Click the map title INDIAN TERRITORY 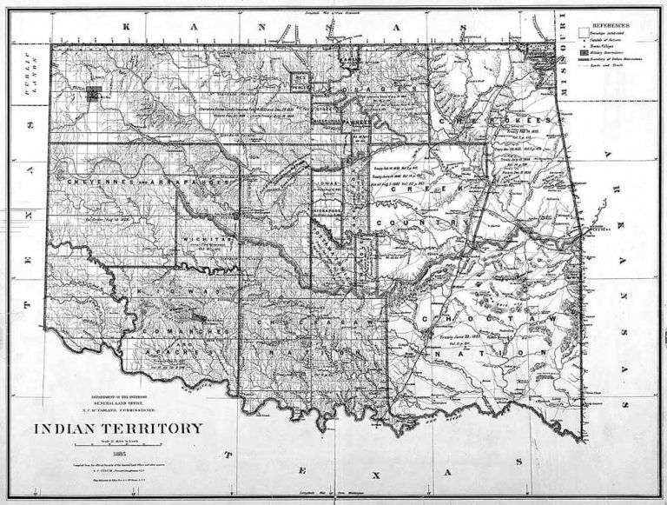(x=118, y=429)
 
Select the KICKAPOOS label (x=330, y=209)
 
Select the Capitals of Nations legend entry (x=601, y=37)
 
